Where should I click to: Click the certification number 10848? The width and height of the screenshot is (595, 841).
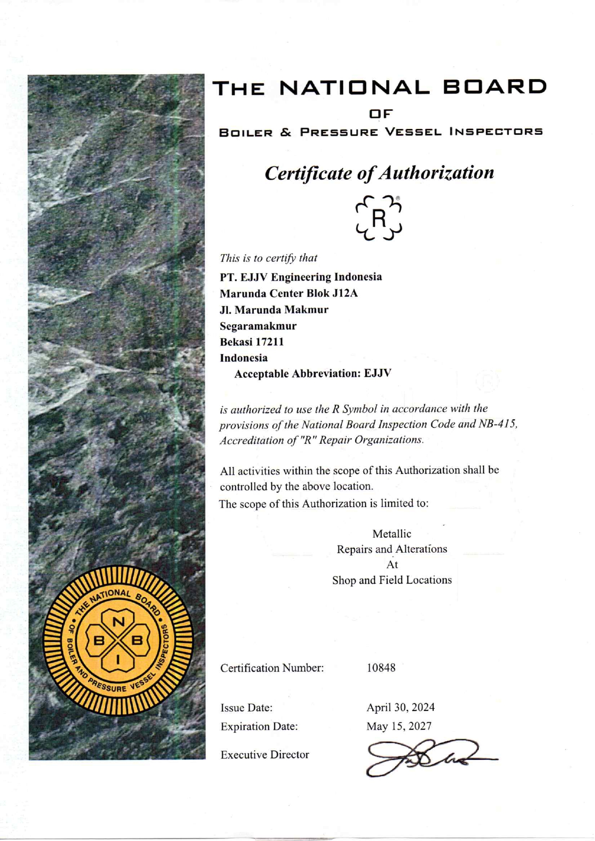pos(381,667)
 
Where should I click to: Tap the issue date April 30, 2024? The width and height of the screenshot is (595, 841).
pos(400,707)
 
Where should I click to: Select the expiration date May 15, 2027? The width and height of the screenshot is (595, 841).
pos(399,726)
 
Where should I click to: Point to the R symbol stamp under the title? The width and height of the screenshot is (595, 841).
pos(379,218)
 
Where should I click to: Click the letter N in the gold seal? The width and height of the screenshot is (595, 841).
pos(118,622)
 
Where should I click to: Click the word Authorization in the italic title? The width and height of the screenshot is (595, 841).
pos(436,173)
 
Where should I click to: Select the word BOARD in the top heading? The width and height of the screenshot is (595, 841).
pos(494,87)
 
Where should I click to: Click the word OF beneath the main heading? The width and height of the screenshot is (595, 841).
pos(381,114)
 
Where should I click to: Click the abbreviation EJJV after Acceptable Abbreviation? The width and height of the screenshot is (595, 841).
pos(377,373)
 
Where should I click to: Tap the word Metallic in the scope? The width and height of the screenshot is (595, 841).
pos(392,533)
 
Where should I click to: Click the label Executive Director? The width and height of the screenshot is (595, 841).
pos(264,755)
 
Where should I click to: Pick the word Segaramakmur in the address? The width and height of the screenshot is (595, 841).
pos(258,326)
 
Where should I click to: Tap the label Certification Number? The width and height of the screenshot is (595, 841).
pos(272,668)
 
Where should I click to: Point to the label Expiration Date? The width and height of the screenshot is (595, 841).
pos(259,726)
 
